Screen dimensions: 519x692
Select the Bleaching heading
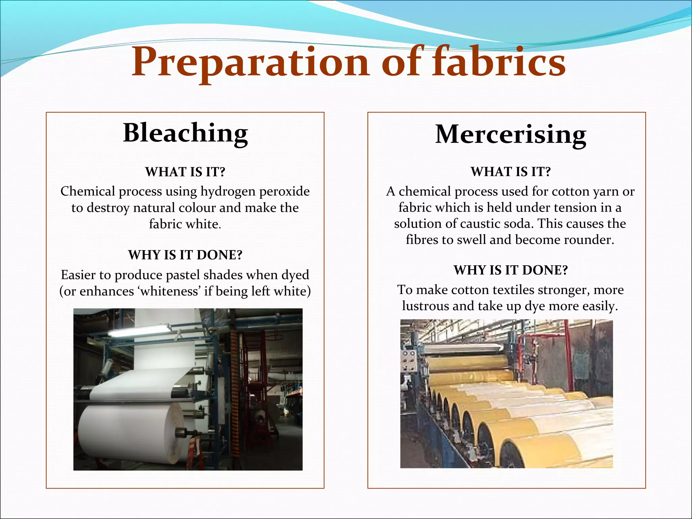[185, 133]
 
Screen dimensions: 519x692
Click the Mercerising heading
[510, 134]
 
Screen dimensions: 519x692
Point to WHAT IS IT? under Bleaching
[185, 172]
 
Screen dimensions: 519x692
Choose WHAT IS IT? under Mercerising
[510, 172]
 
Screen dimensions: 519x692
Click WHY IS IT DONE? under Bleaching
[185, 255]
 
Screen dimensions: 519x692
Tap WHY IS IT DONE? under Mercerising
[510, 270]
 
